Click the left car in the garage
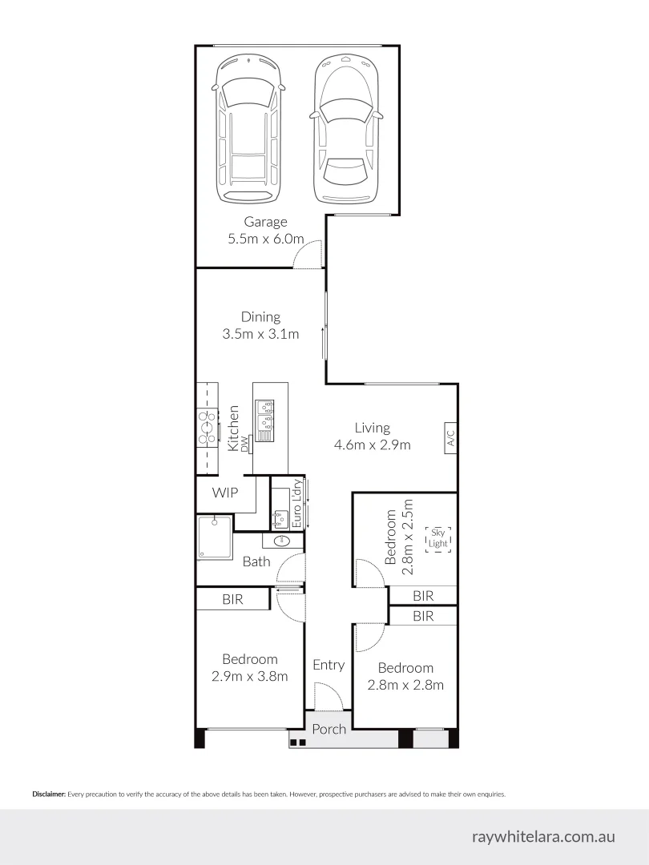[x=249, y=128]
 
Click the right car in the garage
[x=345, y=128]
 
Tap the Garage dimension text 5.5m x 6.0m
[x=266, y=239]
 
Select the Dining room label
[x=260, y=317]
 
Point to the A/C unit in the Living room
[x=449, y=437]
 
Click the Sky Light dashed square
[x=438, y=538]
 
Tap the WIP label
[x=224, y=493]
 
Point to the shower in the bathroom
[x=214, y=538]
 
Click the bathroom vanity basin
[x=283, y=541]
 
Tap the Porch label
[x=329, y=729]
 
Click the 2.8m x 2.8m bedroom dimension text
[x=405, y=685]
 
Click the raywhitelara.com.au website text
[x=543, y=836]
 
